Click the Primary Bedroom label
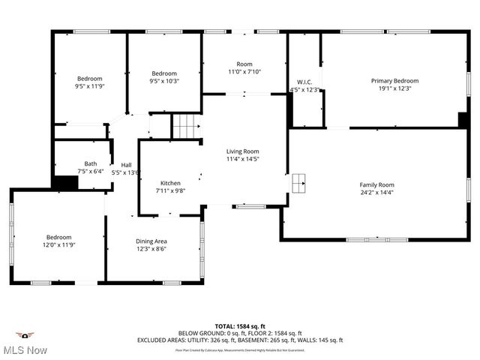pyautogui.click(x=394, y=80)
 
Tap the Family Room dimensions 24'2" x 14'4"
pyautogui.click(x=376, y=193)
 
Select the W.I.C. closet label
pyautogui.click(x=304, y=82)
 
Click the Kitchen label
pyautogui.click(x=170, y=183)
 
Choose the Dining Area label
pyautogui.click(x=151, y=241)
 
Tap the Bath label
pyautogui.click(x=91, y=163)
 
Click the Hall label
pyautogui.click(x=127, y=165)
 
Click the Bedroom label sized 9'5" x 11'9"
pyautogui.click(x=90, y=78)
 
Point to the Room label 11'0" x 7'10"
pyautogui.click(x=244, y=64)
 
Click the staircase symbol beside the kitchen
pyautogui.click(x=186, y=127)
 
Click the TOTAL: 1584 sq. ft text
pyautogui.click(x=239, y=326)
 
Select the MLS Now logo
pyautogui.click(x=26, y=343)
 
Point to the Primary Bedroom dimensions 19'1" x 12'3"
pyautogui.click(x=394, y=88)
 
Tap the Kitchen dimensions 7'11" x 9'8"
pyautogui.click(x=170, y=191)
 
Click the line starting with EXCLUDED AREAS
pyautogui.click(x=239, y=340)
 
